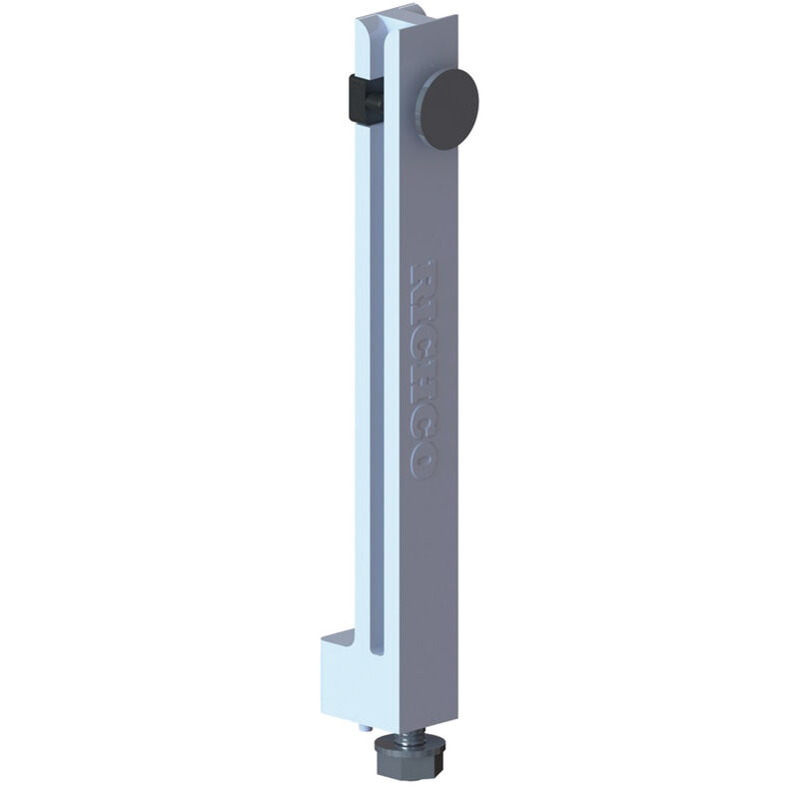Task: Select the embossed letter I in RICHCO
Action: pos(422,306)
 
